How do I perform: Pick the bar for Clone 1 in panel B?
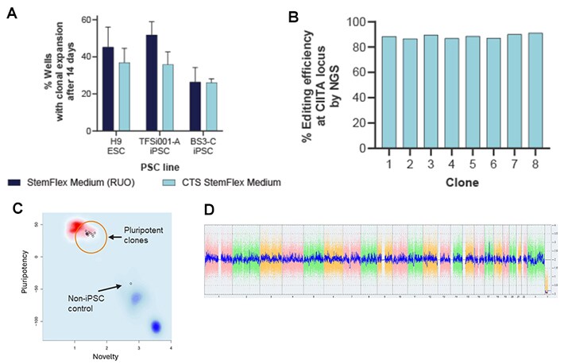[x=367, y=92]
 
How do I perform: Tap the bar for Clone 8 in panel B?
[x=536, y=91]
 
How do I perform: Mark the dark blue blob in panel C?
[x=156, y=326]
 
